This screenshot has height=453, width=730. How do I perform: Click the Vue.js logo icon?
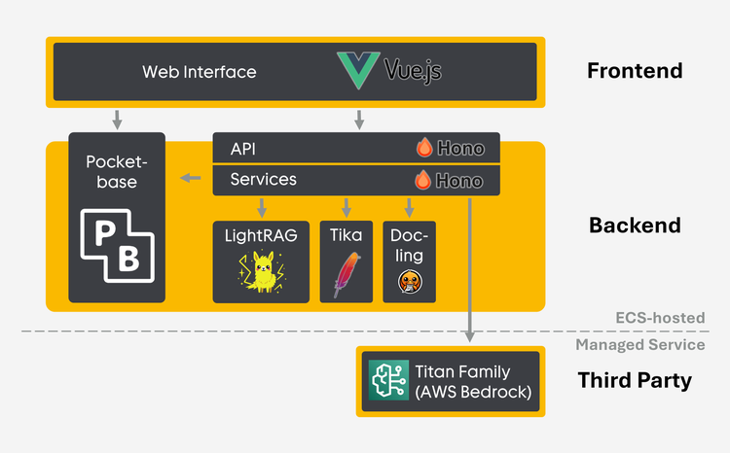tap(359, 70)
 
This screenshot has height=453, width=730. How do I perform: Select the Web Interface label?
tap(200, 71)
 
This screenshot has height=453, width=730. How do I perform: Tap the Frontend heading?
tap(635, 71)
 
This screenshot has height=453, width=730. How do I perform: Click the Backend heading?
tap(635, 226)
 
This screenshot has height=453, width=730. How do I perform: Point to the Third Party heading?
tap(635, 380)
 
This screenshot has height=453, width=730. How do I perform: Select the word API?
tap(243, 148)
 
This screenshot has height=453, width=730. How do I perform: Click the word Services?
tap(264, 180)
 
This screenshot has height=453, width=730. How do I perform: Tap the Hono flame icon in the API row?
tap(424, 148)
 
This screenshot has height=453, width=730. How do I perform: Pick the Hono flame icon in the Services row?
tap(424, 180)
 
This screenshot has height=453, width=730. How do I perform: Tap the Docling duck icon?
tap(409, 281)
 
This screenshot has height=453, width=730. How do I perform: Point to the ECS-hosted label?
tap(660, 318)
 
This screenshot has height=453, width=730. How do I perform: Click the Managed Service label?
tap(639, 344)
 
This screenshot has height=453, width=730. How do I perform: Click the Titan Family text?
tap(462, 370)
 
